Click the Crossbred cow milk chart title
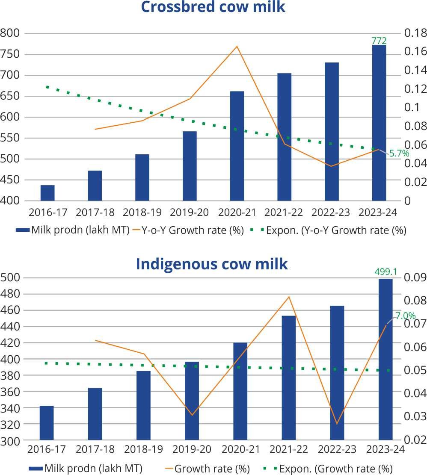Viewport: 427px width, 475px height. (213, 7)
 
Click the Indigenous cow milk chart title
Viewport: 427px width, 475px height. (212, 264)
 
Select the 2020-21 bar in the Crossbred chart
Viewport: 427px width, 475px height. (237, 146)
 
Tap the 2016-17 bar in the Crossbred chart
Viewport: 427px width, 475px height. (47, 193)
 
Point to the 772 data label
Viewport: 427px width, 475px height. (379, 41)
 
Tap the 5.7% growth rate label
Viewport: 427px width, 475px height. (399, 153)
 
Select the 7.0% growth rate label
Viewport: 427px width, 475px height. (405, 316)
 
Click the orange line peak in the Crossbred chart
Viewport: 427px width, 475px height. (237, 46)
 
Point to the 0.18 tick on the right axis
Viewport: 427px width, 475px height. (412, 33)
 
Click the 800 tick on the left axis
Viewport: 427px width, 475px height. (10, 33)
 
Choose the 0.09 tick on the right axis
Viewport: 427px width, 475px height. (412, 277)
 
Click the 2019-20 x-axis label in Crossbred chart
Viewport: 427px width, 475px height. (190, 212)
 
